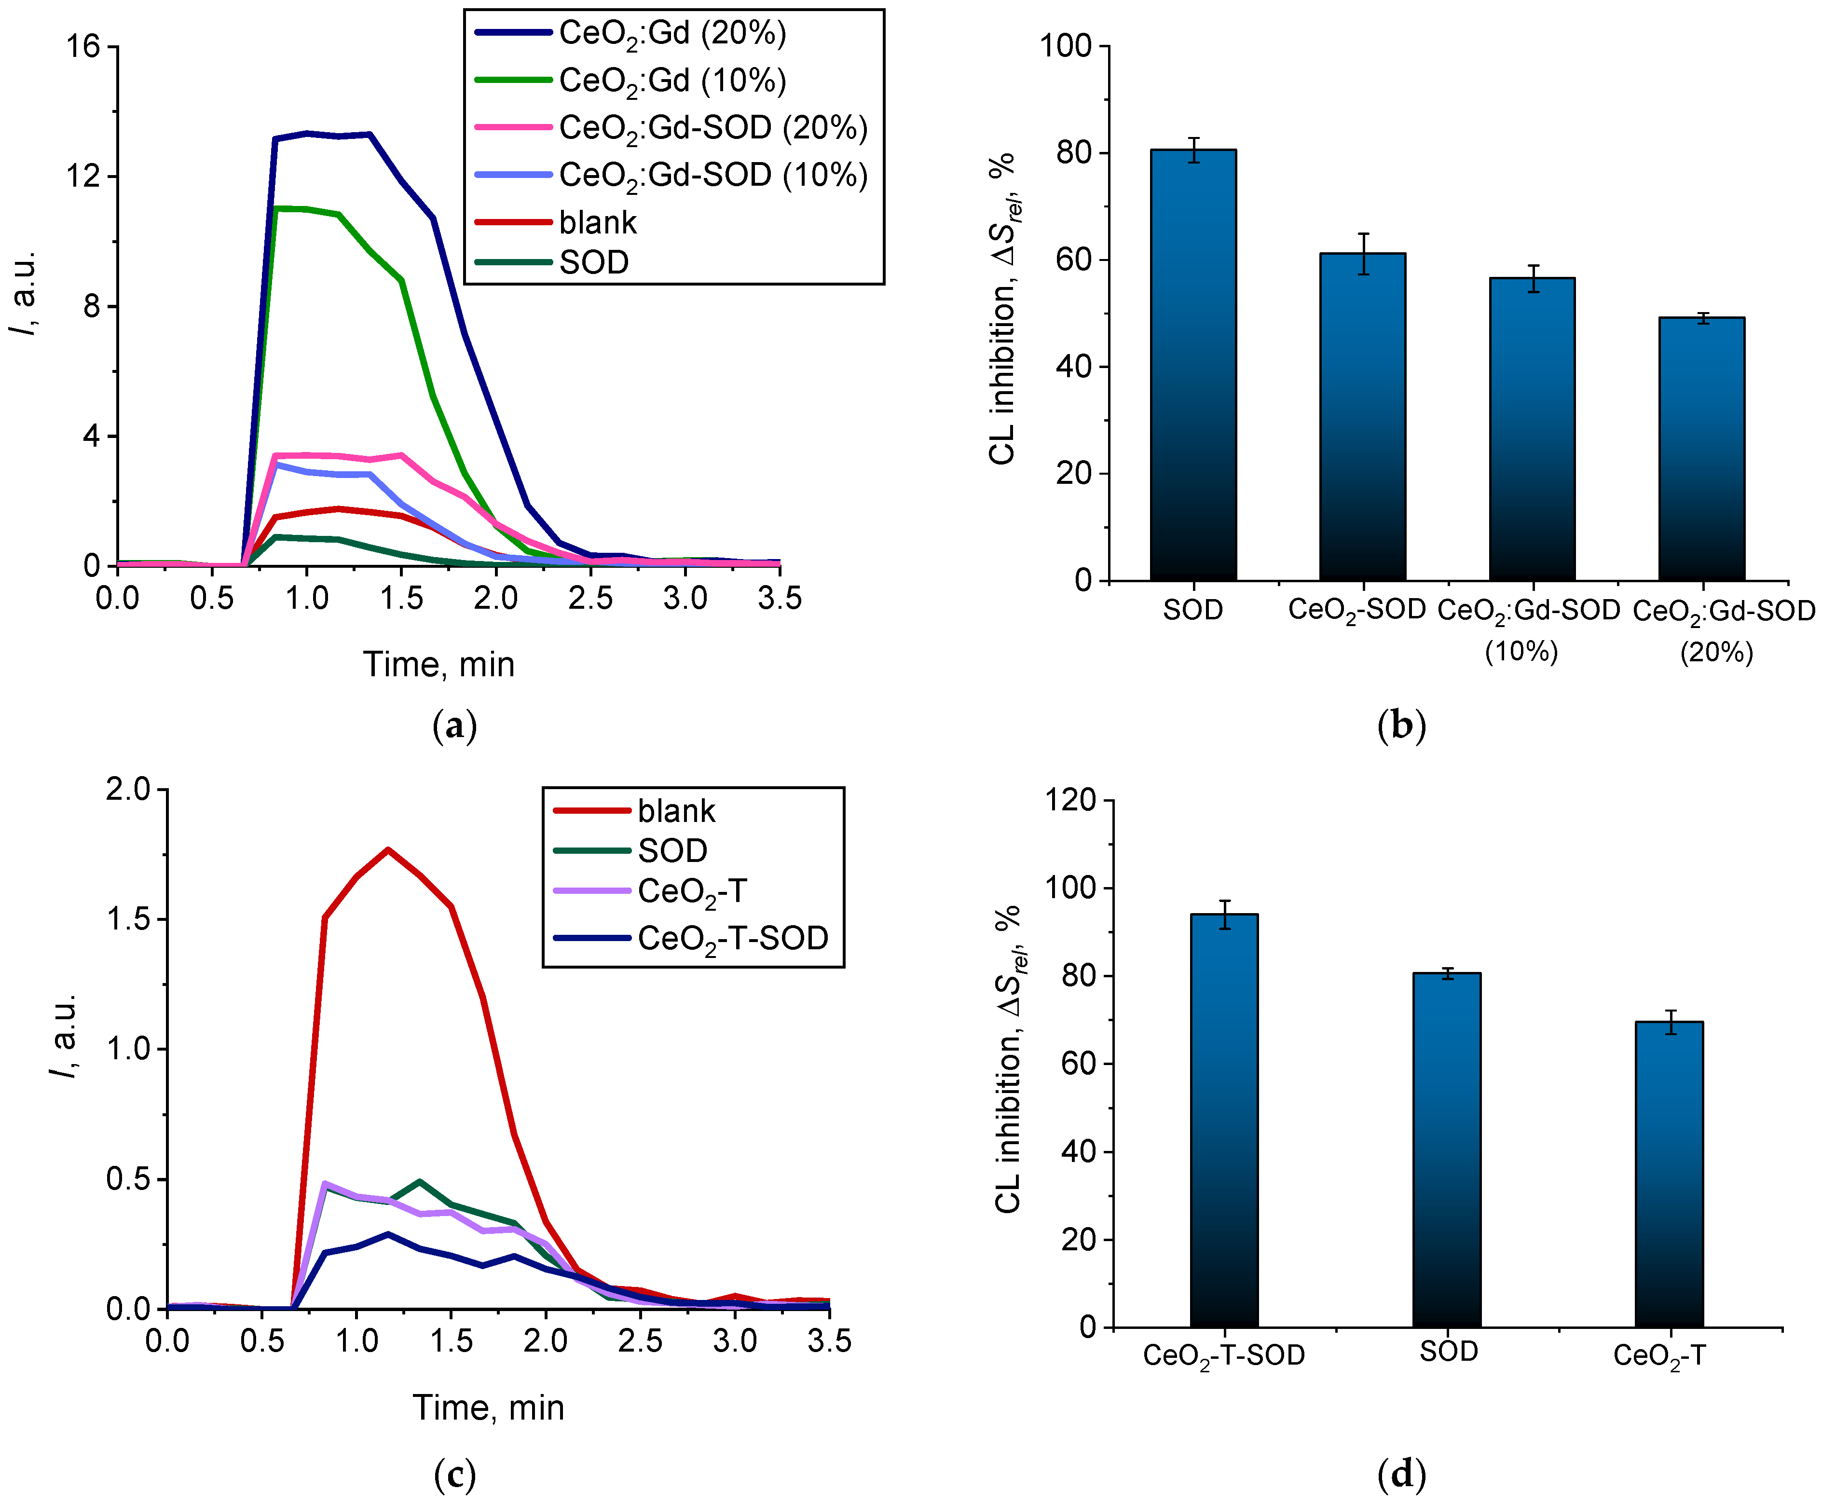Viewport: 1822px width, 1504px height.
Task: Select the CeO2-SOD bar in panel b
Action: (1362, 416)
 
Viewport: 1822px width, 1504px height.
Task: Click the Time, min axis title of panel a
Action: (438, 665)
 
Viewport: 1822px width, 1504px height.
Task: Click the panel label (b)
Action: (1401, 725)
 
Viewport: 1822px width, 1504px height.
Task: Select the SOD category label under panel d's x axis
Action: (1448, 1352)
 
